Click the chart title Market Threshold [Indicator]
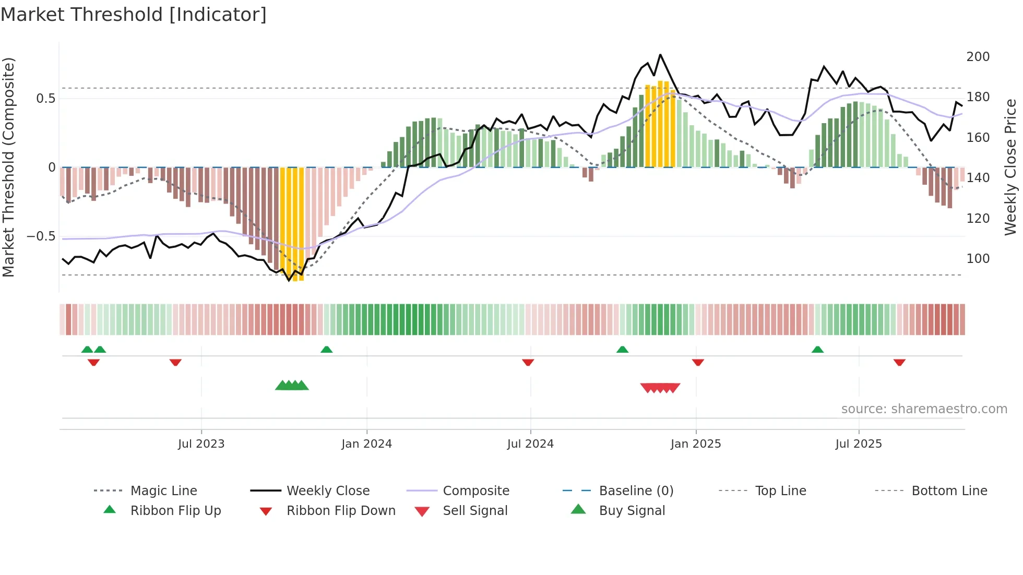click(134, 15)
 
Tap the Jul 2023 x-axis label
click(201, 444)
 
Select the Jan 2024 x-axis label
click(366, 444)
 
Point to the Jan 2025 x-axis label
click(695, 444)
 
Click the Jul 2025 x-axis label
click(858, 444)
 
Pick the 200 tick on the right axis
click(978, 56)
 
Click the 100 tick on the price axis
click(978, 259)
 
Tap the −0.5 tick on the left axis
click(41, 236)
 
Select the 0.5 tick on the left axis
click(45, 99)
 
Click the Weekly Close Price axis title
click(1010, 167)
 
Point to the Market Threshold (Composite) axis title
click(9, 167)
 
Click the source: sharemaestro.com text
click(924, 409)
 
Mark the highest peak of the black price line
click(660, 54)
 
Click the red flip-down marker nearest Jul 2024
click(528, 362)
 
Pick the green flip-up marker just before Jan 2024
click(326, 350)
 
